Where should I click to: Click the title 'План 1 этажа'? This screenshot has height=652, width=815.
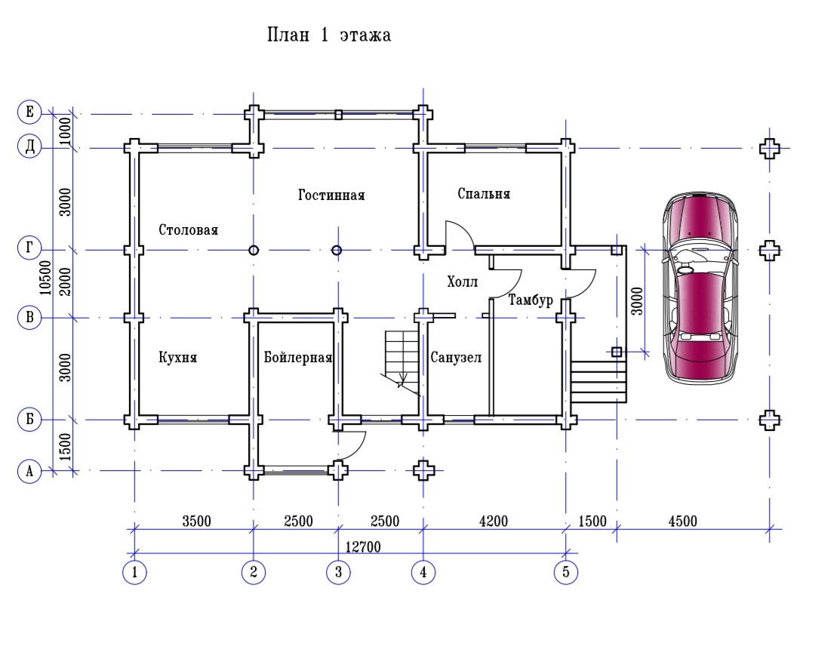(x=328, y=35)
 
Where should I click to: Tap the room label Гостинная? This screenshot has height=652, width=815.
(x=331, y=195)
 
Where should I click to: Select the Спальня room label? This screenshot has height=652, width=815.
(x=484, y=193)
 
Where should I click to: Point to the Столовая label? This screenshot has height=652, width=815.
(x=188, y=230)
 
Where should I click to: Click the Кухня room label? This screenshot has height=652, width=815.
(x=178, y=357)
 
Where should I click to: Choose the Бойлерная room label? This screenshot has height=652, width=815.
(x=298, y=357)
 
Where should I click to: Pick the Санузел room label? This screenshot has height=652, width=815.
(x=456, y=357)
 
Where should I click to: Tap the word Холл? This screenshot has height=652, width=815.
(x=462, y=281)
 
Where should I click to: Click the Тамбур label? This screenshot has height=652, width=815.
(x=531, y=300)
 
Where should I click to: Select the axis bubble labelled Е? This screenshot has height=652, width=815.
(x=29, y=112)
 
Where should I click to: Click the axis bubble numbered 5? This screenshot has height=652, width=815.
(x=566, y=572)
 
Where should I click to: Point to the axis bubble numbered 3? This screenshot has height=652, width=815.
(x=338, y=572)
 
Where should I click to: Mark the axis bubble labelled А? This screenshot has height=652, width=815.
(x=29, y=471)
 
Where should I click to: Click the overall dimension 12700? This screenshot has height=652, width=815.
(x=363, y=546)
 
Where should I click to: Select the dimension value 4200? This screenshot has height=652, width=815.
(x=493, y=521)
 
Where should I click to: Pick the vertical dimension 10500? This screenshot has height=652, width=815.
(x=46, y=278)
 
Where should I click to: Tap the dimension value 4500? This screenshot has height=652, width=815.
(x=682, y=521)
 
